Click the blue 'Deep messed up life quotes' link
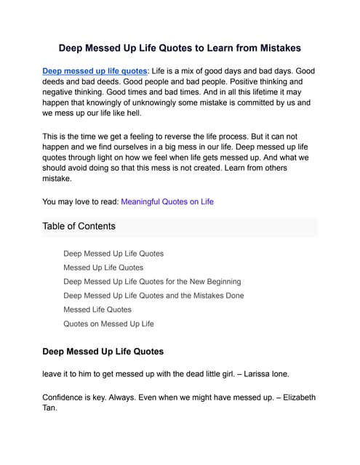pyautogui.click(x=95, y=71)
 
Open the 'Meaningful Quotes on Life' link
pyautogui.click(x=167, y=201)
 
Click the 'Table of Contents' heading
pyautogui.click(x=79, y=226)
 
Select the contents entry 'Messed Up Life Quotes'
pyautogui.click(x=103, y=267)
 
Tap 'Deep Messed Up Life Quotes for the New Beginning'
pyautogui.click(x=152, y=281)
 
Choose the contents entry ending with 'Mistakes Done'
pyautogui.click(x=153, y=296)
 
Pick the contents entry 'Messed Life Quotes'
pyautogui.click(x=97, y=310)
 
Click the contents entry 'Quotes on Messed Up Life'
pyautogui.click(x=108, y=324)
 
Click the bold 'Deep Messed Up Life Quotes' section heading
pyautogui.click(x=103, y=352)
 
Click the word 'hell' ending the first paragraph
pyautogui.click(x=133, y=114)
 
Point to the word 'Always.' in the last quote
pyautogui.click(x=136, y=397)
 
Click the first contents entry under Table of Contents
pyautogui.click(x=113, y=254)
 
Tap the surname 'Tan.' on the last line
pyautogui.click(x=51, y=408)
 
